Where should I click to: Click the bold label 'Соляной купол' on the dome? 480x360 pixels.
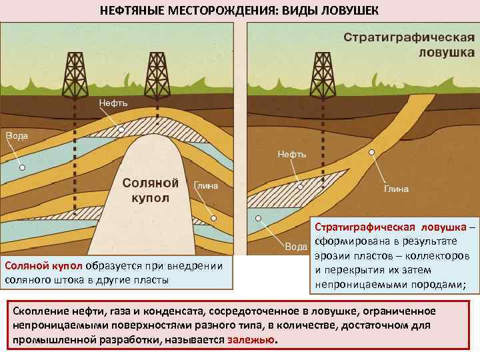tap(151, 190)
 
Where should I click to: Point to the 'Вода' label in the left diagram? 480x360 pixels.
tap(17, 135)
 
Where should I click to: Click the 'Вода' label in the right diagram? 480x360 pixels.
tap(296, 247)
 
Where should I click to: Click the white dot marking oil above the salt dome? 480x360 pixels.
tap(120, 131)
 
